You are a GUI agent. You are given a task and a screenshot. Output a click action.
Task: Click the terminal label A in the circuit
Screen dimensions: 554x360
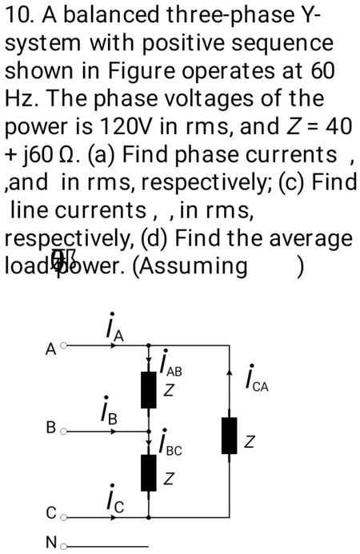click(50, 349)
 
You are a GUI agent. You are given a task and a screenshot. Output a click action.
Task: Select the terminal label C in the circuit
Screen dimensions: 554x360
click(50, 512)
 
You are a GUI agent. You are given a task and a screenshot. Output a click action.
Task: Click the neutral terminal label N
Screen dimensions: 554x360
click(50, 544)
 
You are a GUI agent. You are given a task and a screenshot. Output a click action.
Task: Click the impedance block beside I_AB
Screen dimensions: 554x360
click(148, 390)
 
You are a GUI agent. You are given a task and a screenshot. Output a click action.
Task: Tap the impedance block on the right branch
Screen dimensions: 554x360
click(230, 436)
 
